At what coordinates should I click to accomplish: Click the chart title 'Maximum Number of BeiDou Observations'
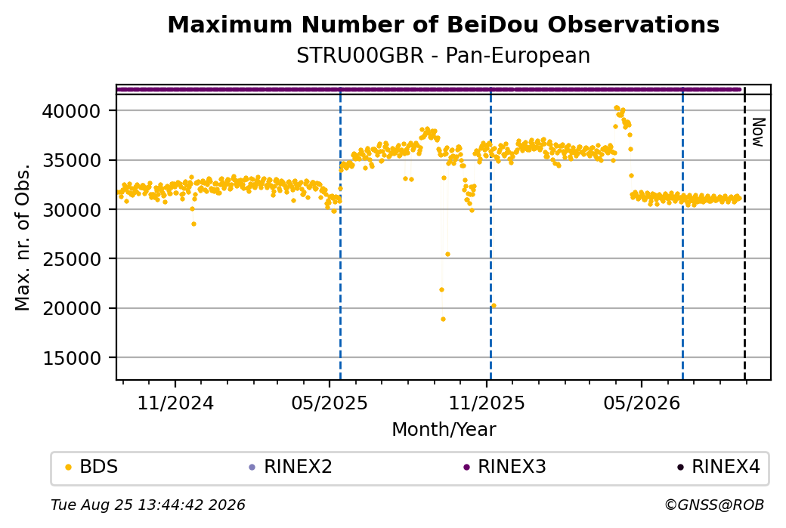click(x=443, y=24)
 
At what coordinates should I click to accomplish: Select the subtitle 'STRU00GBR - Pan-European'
click(x=443, y=56)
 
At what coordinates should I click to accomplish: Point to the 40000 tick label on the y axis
click(x=72, y=111)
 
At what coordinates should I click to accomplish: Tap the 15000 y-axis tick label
click(x=72, y=358)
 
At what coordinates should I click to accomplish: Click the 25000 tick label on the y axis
click(x=72, y=260)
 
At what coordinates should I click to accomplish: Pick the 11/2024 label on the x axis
click(x=175, y=403)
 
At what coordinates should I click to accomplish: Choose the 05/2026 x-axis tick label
click(x=642, y=403)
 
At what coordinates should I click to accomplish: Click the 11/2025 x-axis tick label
click(x=486, y=403)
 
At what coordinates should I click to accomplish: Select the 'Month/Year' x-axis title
click(x=444, y=429)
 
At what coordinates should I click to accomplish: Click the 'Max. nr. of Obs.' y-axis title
click(x=23, y=237)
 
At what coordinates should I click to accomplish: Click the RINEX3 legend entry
click(x=504, y=467)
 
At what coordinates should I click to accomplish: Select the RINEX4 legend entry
click(x=718, y=467)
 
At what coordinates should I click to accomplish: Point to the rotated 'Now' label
click(x=759, y=132)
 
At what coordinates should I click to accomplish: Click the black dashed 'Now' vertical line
click(x=744, y=233)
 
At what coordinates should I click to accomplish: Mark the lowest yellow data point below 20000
click(x=443, y=319)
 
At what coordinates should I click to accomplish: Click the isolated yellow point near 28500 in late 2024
click(x=193, y=224)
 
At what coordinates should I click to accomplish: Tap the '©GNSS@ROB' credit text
click(x=714, y=505)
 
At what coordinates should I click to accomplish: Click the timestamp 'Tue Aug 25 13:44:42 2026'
click(x=148, y=505)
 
